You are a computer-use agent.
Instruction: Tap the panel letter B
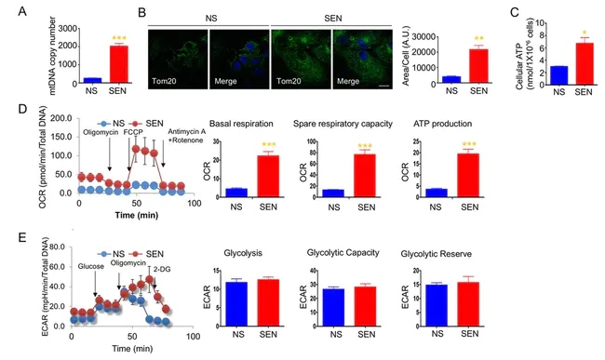point(141,12)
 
